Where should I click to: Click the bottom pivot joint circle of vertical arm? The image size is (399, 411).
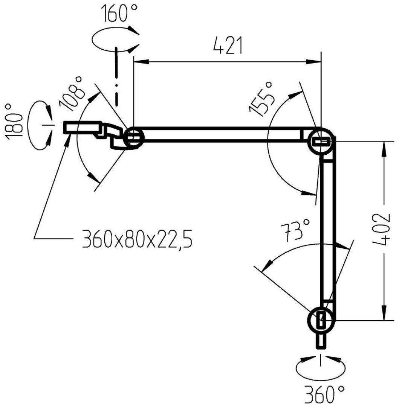(321, 320)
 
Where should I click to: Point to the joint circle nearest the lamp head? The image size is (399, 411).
(133, 138)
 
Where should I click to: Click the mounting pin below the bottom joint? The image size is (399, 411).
(321, 340)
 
